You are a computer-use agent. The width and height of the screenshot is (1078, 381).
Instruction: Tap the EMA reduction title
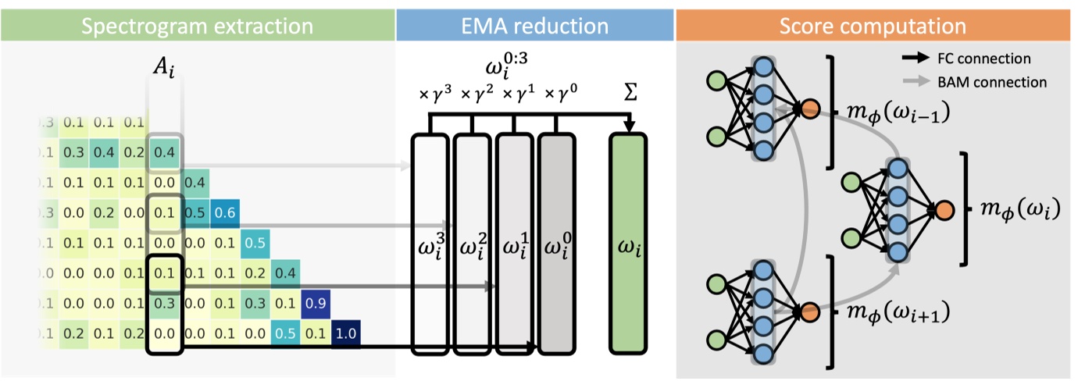(535, 26)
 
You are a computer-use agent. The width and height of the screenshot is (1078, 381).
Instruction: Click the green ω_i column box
(630, 244)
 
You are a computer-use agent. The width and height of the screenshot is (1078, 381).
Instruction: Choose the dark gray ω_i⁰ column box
(556, 244)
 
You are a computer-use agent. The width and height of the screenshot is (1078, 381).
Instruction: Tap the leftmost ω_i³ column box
(430, 244)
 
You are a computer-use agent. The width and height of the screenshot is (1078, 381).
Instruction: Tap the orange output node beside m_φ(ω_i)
(944, 209)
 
